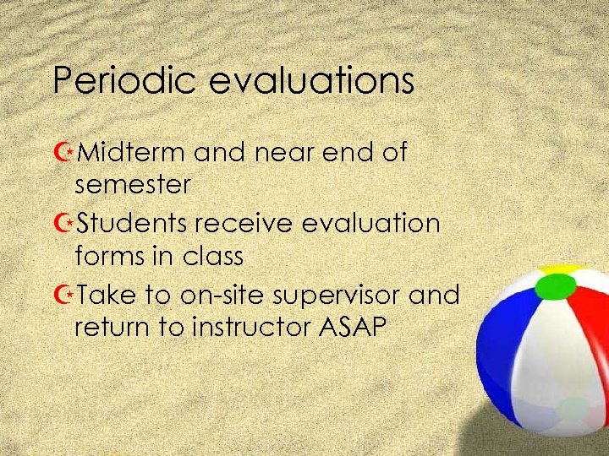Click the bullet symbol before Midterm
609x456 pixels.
click(62, 154)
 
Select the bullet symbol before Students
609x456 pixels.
click(62, 225)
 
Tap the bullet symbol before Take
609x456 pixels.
click(62, 296)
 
